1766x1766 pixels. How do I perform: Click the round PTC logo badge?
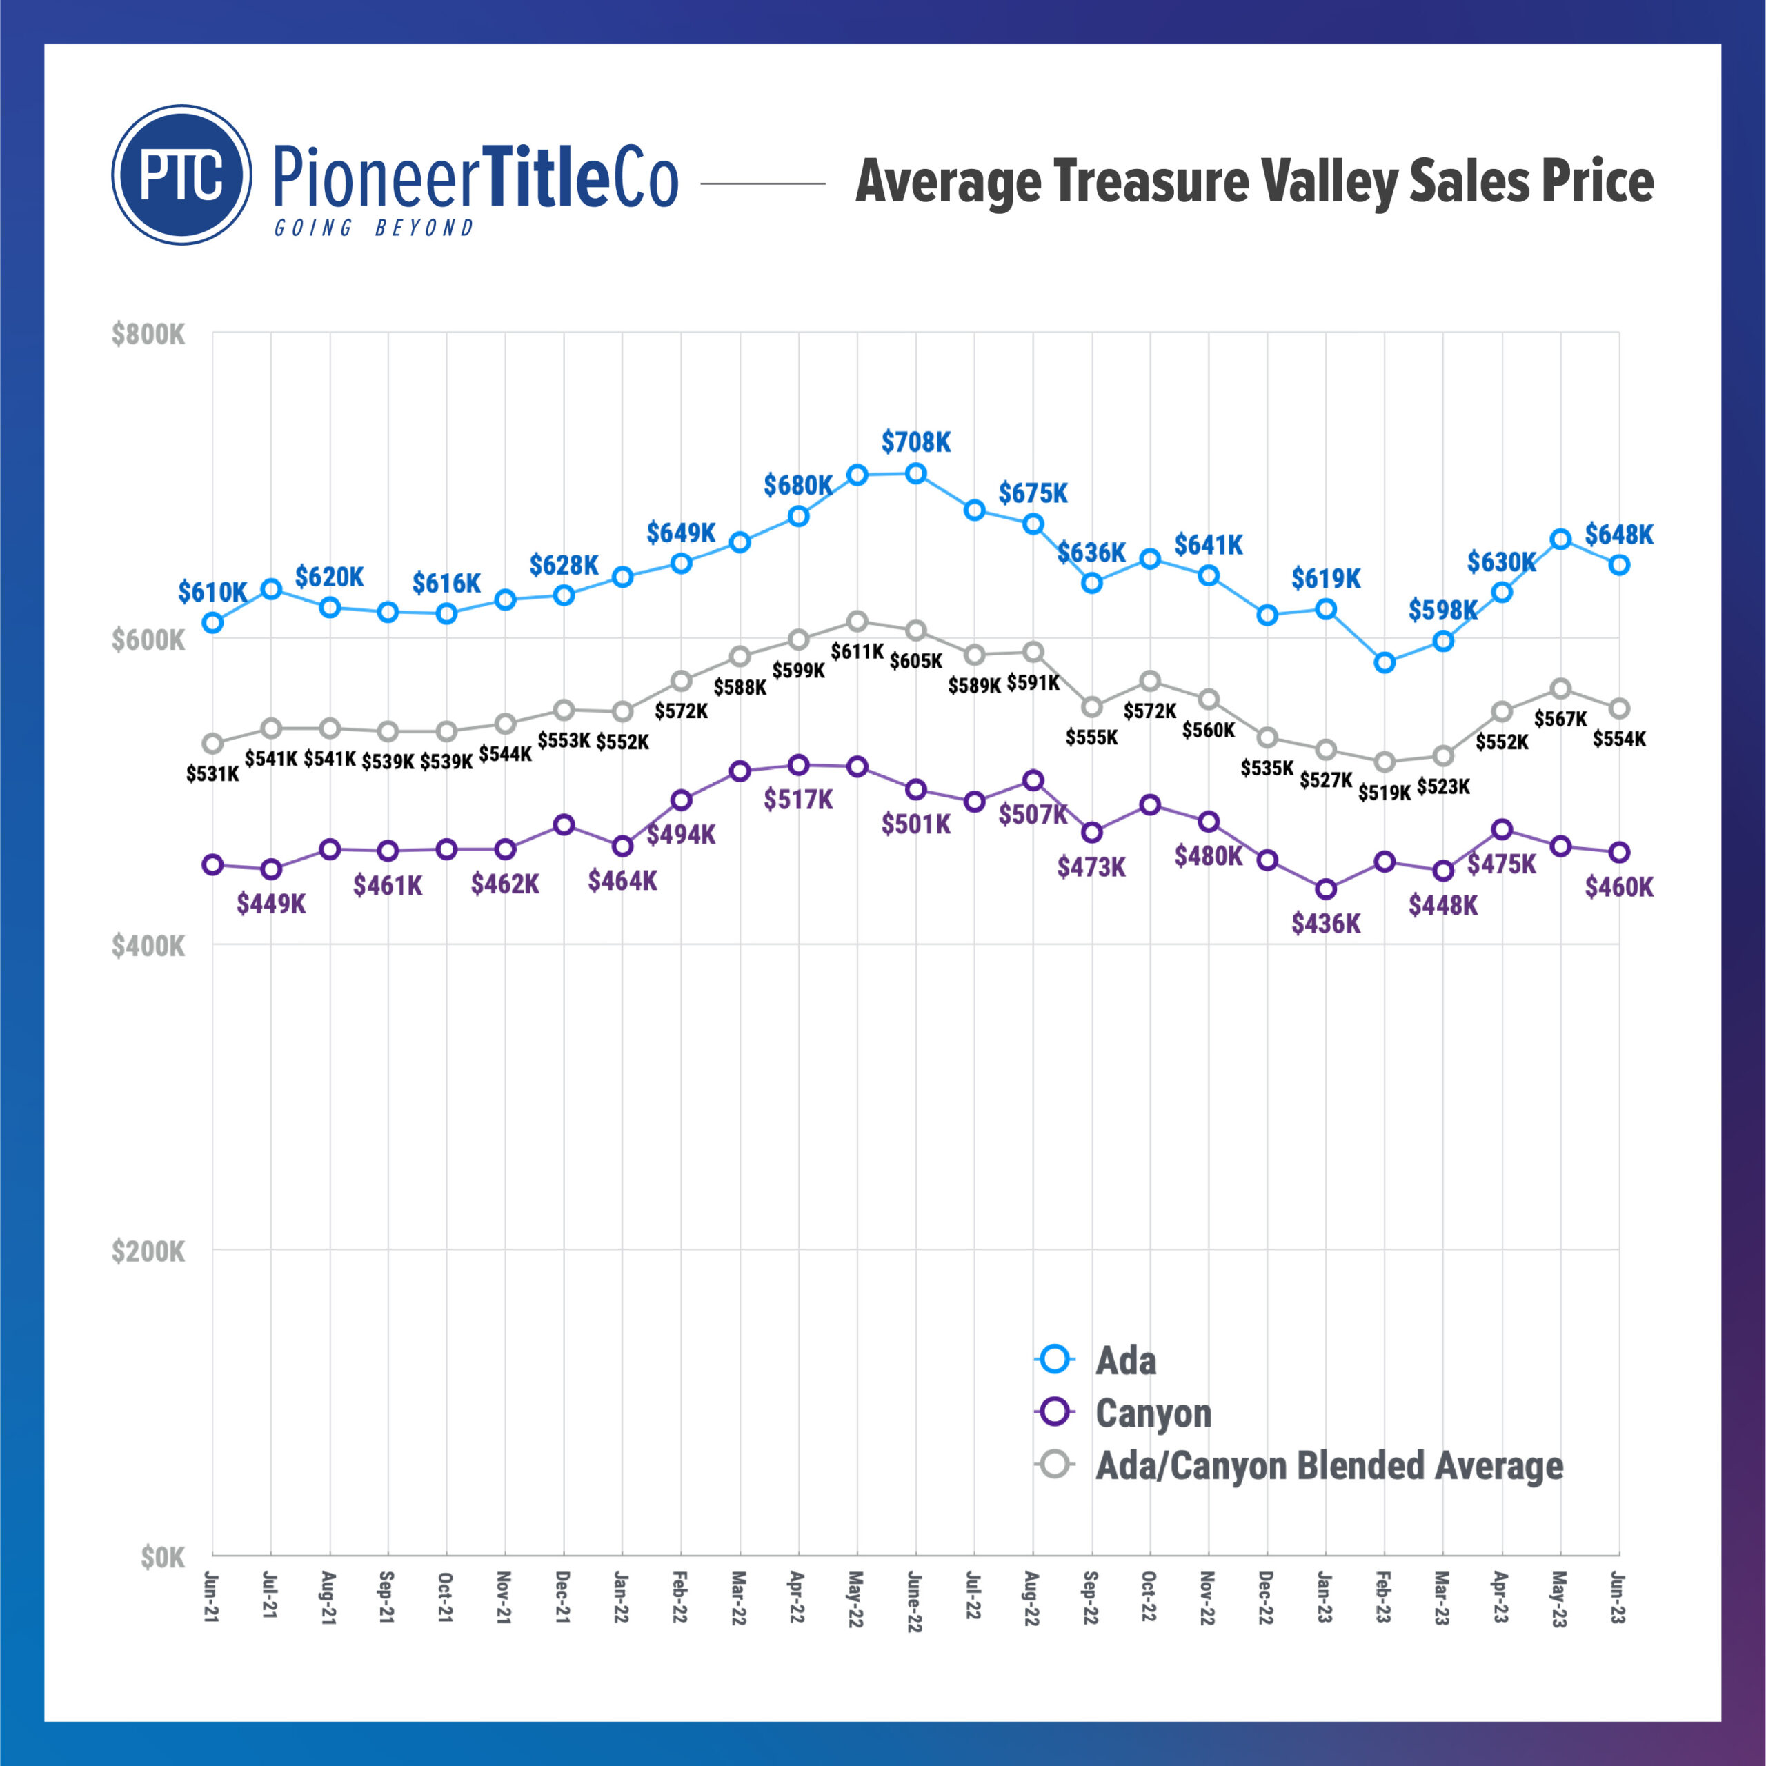[182, 175]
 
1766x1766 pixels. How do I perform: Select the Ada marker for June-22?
[916, 473]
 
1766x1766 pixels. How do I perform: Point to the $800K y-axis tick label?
[148, 335]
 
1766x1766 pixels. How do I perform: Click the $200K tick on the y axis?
[148, 1251]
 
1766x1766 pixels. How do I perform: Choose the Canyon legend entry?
[1153, 1413]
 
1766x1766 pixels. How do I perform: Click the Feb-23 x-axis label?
[1384, 1597]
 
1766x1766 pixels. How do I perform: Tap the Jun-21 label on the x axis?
[212, 1597]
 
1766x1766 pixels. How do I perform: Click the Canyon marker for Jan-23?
[1327, 889]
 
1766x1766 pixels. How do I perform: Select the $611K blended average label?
[857, 652]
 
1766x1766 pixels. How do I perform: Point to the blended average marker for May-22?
[857, 622]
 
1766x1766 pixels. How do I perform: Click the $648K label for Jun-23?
[1619, 534]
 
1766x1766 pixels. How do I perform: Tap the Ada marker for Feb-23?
[1385, 663]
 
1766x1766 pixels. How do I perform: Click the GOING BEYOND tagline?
[375, 228]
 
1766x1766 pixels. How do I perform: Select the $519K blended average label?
[1384, 793]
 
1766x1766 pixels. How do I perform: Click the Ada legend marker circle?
[1055, 1359]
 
